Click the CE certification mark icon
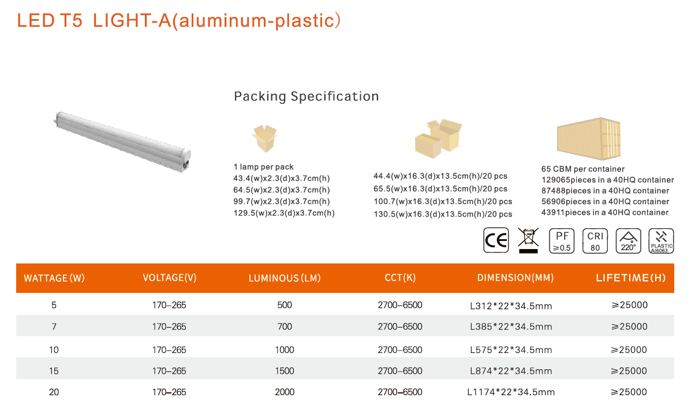pos(496,240)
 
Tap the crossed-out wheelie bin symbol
pos(528,240)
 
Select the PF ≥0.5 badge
pos(562,241)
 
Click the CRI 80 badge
pos(595,241)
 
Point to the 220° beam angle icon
pos(628,241)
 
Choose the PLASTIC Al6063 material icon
pos(661,241)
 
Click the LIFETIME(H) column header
pos(631,278)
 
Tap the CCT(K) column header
pos(400,277)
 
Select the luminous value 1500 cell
pos(285,371)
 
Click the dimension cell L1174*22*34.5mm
pos(511,392)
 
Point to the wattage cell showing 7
pos(54,326)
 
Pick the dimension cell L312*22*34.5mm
pos(511,306)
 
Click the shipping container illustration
pos(589,139)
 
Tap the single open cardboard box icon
pos(264,139)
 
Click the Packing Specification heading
pos(307,96)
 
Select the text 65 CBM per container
pos(582,169)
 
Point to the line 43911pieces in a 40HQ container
pos(605,213)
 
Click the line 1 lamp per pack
pos(263,167)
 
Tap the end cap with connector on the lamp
pos(186,161)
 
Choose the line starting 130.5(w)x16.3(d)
pos(443,214)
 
